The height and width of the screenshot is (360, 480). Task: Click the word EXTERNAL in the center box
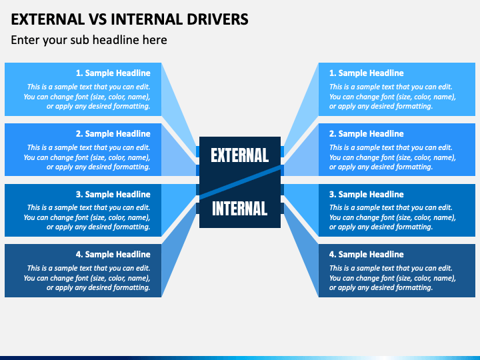pos(240,155)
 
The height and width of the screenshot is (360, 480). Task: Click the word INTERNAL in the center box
pos(240,209)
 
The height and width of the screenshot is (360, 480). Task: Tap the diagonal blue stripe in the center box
pos(240,182)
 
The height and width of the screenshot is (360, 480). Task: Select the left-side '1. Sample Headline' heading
pos(113,73)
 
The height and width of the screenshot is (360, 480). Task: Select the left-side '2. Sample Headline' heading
pos(113,134)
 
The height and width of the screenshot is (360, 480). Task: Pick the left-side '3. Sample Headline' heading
pos(113,195)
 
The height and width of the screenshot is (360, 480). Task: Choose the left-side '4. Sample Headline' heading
pos(113,255)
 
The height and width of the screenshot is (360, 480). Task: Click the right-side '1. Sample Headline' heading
pos(367,73)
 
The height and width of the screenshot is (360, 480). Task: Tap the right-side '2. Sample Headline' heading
pos(367,134)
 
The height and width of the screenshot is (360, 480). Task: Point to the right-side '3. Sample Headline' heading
pos(367,195)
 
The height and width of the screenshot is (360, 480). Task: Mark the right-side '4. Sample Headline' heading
pos(367,255)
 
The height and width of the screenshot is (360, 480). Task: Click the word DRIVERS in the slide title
pos(217,19)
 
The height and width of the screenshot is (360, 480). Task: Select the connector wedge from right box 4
pos(301,251)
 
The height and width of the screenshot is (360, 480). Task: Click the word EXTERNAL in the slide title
pos(48,19)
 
